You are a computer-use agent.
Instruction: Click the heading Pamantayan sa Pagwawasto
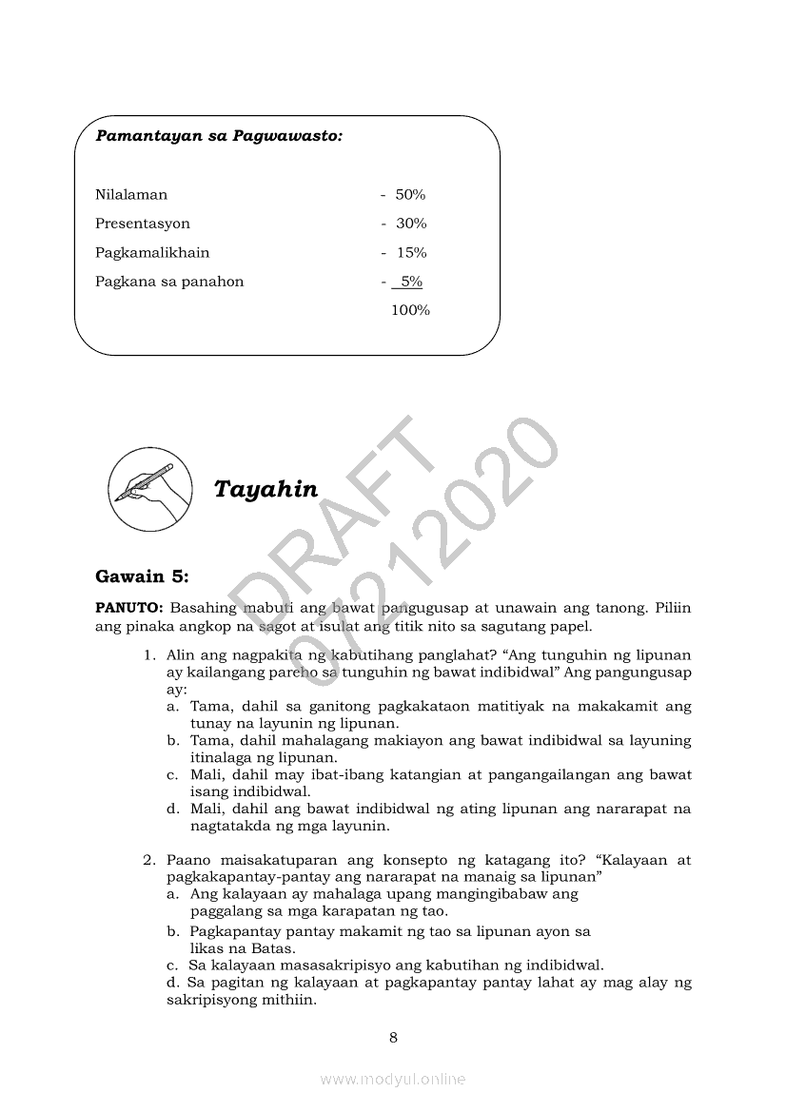(x=219, y=136)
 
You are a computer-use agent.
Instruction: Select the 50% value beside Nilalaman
(x=410, y=195)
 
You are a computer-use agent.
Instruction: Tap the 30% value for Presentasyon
(x=411, y=224)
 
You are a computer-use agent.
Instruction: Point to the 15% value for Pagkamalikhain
(x=411, y=253)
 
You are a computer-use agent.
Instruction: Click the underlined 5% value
(x=411, y=282)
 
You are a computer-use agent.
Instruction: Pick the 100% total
(x=410, y=310)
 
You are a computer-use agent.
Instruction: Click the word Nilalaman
(x=131, y=195)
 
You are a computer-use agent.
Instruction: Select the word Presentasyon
(x=143, y=224)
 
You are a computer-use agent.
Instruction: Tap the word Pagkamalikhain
(x=152, y=253)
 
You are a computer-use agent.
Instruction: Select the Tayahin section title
(x=265, y=489)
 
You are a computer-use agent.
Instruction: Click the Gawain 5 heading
(x=143, y=576)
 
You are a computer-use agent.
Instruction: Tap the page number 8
(x=393, y=1037)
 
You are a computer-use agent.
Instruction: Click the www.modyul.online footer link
(x=393, y=1079)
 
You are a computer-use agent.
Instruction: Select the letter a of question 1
(x=172, y=707)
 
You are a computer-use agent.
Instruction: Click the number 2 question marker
(x=149, y=860)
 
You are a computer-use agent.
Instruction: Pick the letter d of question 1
(x=172, y=810)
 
